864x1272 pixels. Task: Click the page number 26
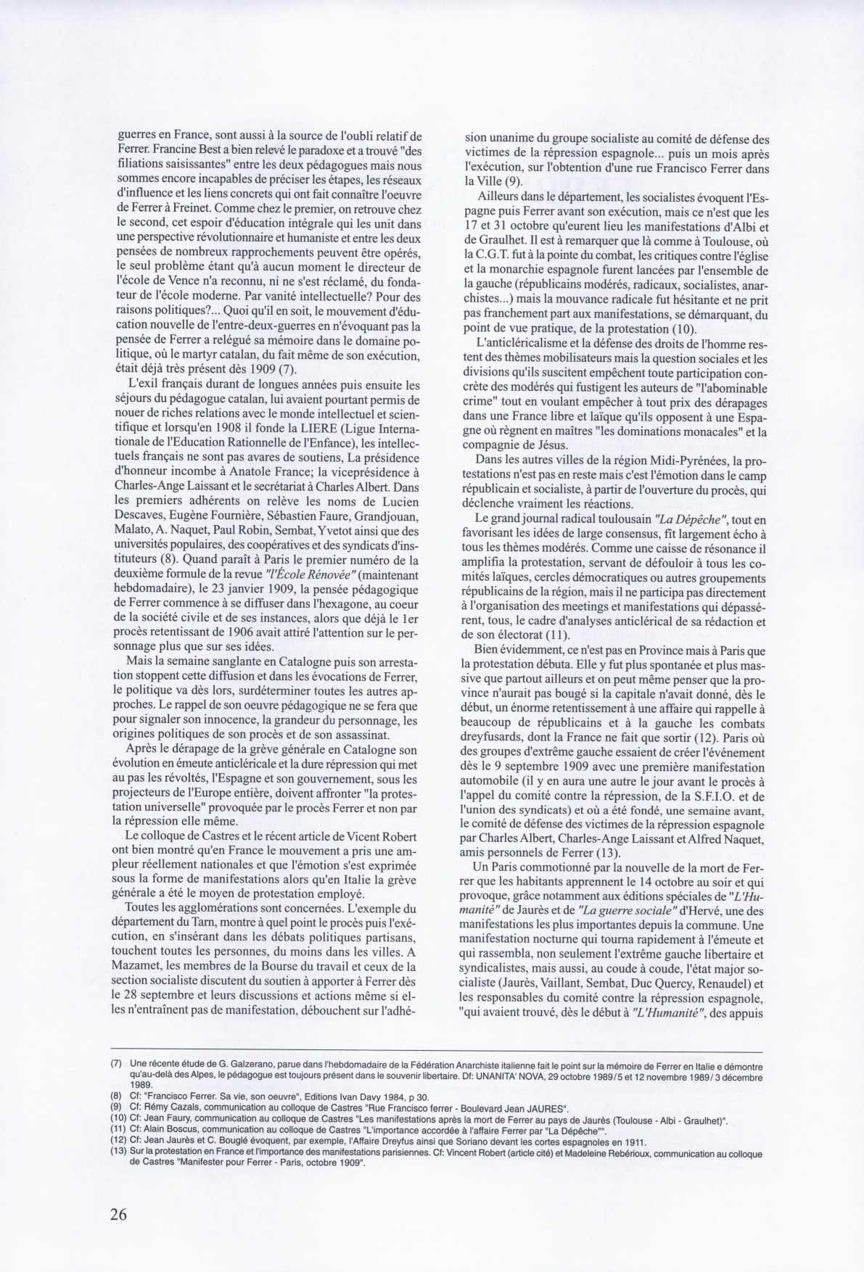pyautogui.click(x=118, y=1214)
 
